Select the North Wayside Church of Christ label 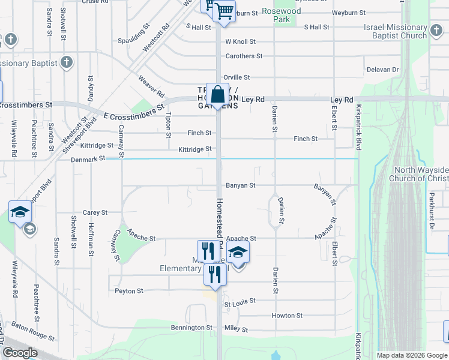(418, 174)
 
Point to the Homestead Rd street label (220, 222)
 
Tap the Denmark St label (88, 158)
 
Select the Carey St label (95, 212)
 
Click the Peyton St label (129, 291)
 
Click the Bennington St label (192, 328)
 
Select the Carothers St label (244, 56)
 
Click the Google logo (20, 353)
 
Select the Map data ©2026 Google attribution (411, 355)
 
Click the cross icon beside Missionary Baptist (67, 62)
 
